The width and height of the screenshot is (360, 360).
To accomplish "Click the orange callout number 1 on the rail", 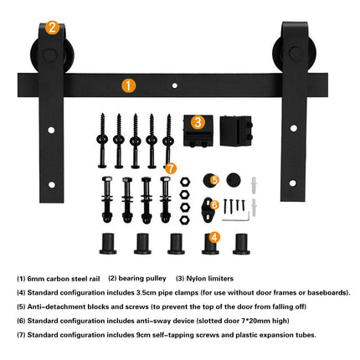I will (128, 85).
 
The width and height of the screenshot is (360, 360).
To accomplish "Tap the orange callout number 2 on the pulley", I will (53, 28).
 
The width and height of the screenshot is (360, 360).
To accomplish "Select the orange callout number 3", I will (198, 121).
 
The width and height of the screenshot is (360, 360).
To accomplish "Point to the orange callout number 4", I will (214, 237).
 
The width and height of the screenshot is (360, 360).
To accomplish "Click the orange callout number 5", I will (214, 179).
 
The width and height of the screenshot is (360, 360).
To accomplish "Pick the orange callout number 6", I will (214, 204).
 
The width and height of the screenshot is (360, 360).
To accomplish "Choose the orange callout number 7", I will (171, 168).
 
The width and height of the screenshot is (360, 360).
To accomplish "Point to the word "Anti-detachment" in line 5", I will (54, 306).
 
